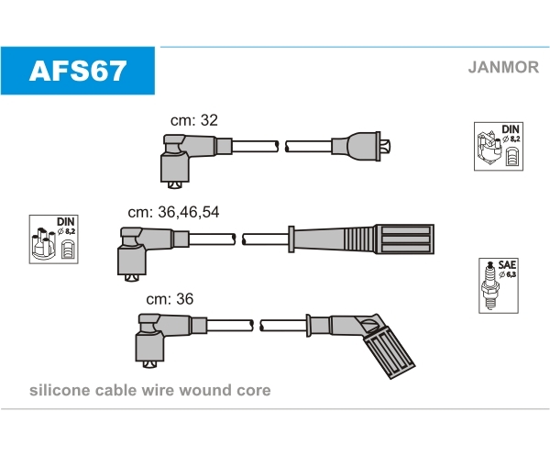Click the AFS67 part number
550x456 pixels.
pyautogui.click(x=78, y=71)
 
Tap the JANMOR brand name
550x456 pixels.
pyautogui.click(x=503, y=67)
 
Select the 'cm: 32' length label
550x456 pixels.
pyautogui.click(x=194, y=120)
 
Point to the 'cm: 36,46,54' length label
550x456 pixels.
pyautogui.click(x=173, y=212)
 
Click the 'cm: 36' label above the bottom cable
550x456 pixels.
pyautogui.click(x=170, y=299)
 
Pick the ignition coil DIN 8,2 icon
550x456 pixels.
pyautogui.click(x=499, y=147)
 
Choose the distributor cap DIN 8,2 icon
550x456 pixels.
pyautogui.click(x=54, y=239)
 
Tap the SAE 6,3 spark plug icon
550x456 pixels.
pyautogui.click(x=499, y=285)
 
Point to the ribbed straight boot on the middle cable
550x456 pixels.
pyautogui.click(x=361, y=239)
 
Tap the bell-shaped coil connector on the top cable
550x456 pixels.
pyautogui.click(x=361, y=147)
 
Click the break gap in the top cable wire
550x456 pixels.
pyautogui.click(x=281, y=147)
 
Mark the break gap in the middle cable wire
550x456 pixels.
pyautogui.click(x=239, y=239)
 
